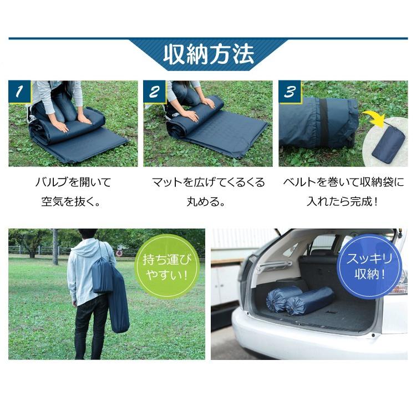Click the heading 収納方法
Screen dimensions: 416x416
[208, 55]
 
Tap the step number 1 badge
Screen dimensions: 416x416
[19, 92]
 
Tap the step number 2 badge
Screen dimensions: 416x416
[154, 92]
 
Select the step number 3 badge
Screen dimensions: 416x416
[290, 92]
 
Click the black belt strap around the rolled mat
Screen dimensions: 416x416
[322, 123]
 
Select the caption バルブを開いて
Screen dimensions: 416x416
[73, 182]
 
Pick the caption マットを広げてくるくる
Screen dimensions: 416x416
[208, 182]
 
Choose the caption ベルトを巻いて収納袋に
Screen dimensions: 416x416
[343, 182]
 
